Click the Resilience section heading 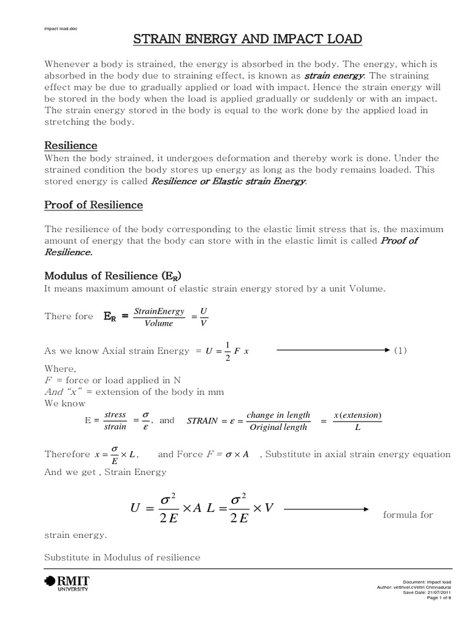[71, 146]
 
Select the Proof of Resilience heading [93, 205]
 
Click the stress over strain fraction [115, 421]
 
